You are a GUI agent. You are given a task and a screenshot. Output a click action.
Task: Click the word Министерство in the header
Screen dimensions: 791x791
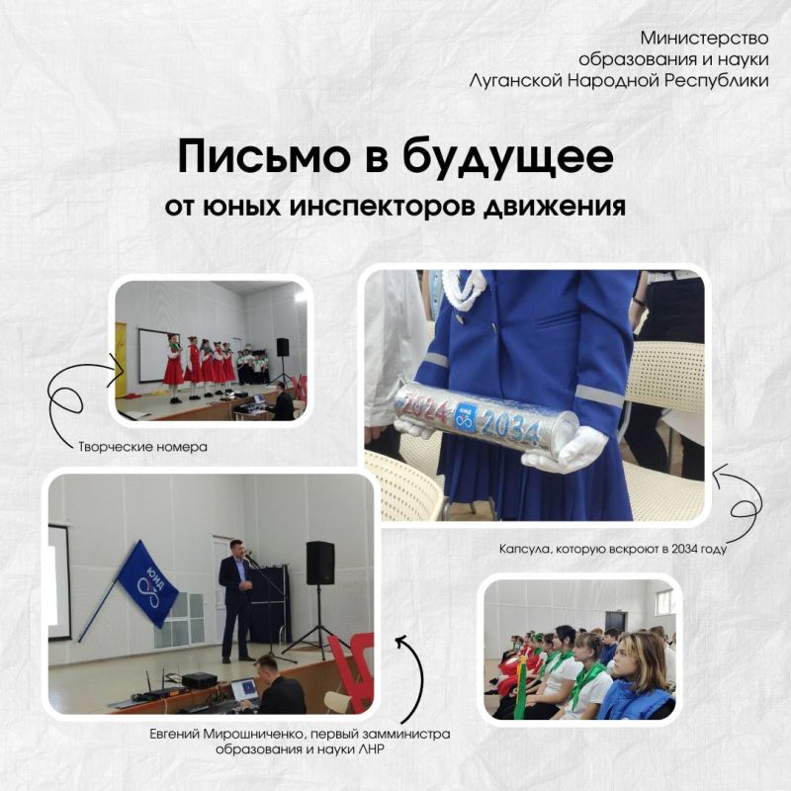[704, 38]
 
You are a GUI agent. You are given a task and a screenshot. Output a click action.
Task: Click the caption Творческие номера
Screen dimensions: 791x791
[143, 447]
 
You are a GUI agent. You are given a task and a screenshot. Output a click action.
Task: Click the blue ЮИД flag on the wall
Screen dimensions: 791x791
[148, 583]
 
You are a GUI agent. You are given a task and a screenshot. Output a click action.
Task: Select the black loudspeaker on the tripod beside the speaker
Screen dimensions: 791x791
[320, 563]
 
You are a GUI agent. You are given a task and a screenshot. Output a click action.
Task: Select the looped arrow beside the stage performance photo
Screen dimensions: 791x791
[84, 395]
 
